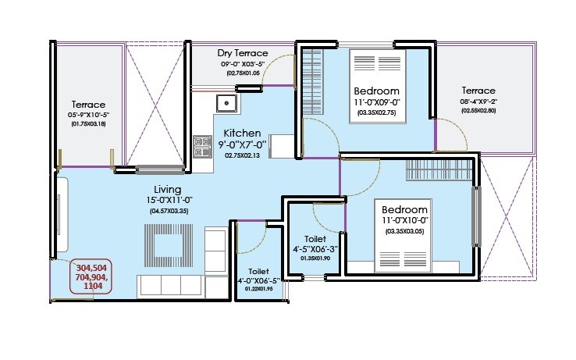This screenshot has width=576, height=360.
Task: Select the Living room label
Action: [168, 190]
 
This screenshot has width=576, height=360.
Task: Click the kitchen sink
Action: [226, 102]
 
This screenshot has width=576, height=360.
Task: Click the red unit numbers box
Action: [92, 276]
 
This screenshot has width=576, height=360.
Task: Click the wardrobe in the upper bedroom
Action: [312, 82]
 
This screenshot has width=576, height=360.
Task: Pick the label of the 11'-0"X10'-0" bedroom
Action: [404, 211]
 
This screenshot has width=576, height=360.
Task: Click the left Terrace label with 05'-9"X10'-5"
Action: [88, 105]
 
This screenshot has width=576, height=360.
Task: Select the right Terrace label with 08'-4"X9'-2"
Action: [478, 90]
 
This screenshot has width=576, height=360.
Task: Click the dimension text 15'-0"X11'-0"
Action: [168, 201]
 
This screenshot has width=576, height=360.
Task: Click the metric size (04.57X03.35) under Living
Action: [168, 211]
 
